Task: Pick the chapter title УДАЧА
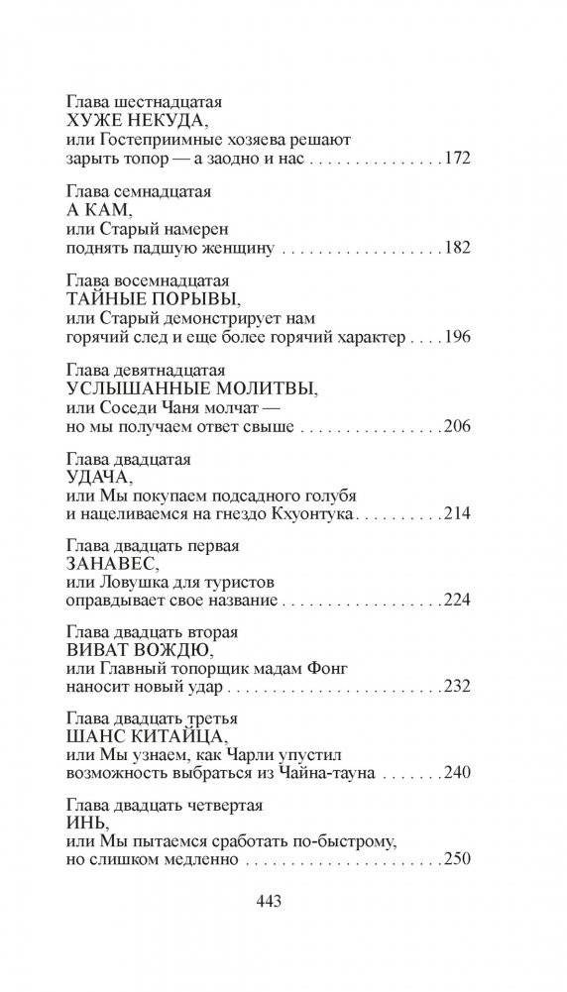(x=95, y=477)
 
